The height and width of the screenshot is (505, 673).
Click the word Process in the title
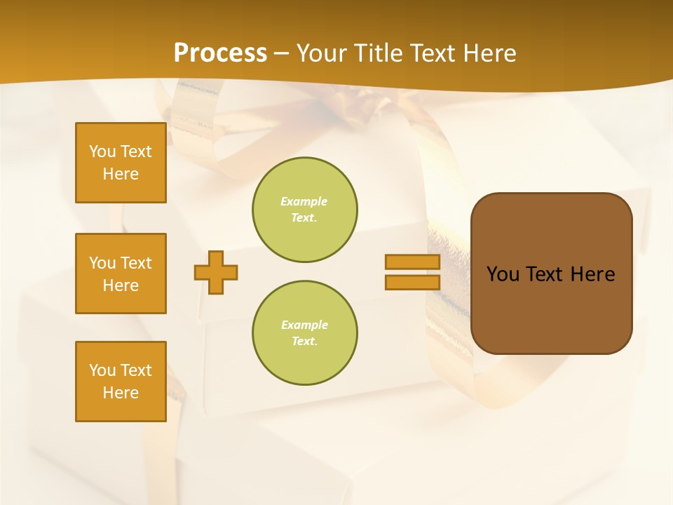[x=220, y=53]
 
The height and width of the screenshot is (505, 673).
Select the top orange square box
[x=121, y=163]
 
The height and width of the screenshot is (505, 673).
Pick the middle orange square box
[x=121, y=274]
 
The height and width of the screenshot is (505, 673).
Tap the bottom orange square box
[x=121, y=382]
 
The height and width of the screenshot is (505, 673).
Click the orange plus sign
[x=216, y=272]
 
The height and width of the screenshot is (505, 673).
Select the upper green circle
[x=305, y=210]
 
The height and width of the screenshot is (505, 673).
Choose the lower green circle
[x=305, y=333]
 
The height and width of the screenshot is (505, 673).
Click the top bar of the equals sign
[x=412, y=262]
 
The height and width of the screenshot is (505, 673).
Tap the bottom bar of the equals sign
[x=412, y=282]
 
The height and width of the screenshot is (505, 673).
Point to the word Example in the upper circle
[x=304, y=201]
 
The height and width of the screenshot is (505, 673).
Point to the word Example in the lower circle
[x=304, y=325]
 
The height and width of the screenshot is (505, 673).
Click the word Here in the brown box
[x=593, y=274]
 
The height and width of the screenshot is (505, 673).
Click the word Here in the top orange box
[x=121, y=174]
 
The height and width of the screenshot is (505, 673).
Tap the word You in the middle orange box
[x=102, y=263]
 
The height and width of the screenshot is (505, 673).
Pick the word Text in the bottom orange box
[x=136, y=370]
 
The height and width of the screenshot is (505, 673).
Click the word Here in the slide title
[x=491, y=53]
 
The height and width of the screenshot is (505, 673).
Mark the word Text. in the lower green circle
[x=304, y=342]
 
